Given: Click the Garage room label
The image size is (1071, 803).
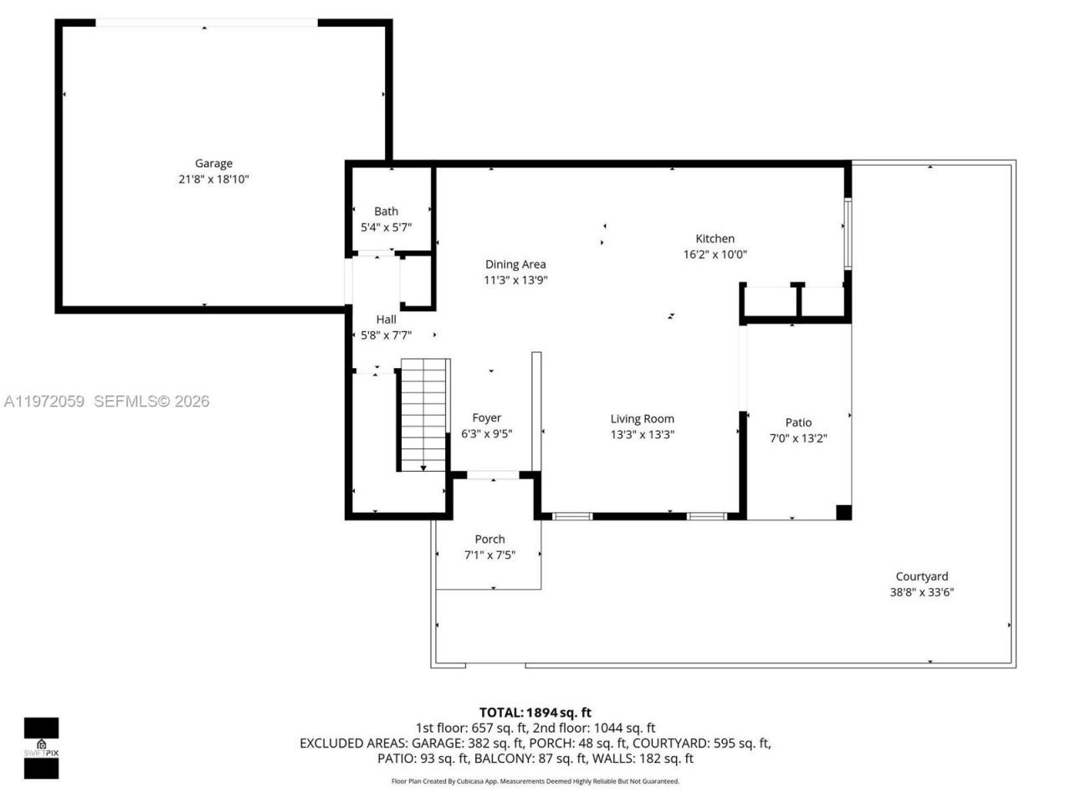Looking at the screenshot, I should (x=213, y=164).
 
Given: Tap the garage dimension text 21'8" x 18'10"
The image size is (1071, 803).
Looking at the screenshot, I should (x=213, y=179).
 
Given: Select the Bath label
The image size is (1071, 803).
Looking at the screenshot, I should (x=386, y=212).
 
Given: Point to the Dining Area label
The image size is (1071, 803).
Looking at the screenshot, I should (x=515, y=264).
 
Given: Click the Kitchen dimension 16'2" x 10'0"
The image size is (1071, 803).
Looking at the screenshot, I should (x=715, y=254).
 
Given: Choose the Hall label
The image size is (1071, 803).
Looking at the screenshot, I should (x=386, y=320).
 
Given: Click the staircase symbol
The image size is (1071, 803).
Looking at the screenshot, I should (x=424, y=415).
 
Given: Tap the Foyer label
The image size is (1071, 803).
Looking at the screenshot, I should (x=486, y=418).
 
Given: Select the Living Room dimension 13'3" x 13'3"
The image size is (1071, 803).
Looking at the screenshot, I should (x=642, y=434).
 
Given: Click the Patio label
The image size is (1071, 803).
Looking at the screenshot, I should (x=798, y=422).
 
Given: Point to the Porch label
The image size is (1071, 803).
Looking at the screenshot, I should (x=489, y=540).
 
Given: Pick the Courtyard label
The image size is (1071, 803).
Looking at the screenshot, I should (x=921, y=576).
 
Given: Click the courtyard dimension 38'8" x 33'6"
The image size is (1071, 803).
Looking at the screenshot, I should (x=921, y=592).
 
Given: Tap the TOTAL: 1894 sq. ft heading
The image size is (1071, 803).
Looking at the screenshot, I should (x=535, y=713).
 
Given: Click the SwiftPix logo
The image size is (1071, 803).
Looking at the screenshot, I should (x=41, y=748).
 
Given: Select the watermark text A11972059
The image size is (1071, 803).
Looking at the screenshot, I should (x=44, y=401).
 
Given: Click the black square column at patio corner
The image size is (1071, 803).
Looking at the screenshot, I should (x=843, y=512).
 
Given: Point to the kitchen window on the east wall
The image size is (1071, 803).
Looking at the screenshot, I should (x=848, y=233).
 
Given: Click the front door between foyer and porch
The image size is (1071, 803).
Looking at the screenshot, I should (x=493, y=476).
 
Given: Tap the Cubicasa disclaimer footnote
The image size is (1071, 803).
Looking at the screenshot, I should (x=535, y=781).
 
